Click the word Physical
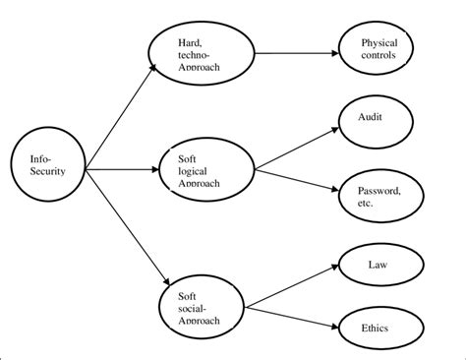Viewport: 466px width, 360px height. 379,42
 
